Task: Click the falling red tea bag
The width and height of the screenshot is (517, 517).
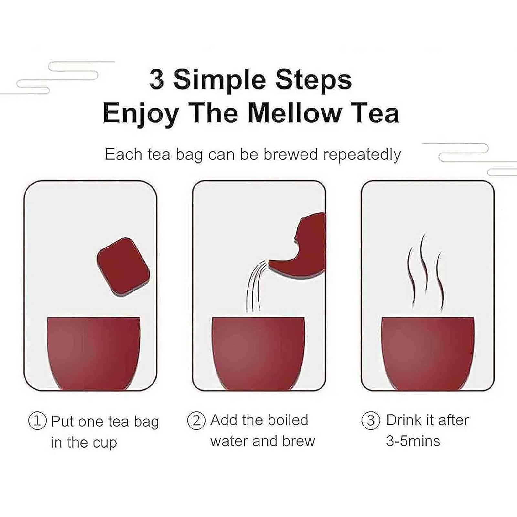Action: [123, 267]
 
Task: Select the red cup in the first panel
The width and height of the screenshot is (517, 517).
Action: [94, 353]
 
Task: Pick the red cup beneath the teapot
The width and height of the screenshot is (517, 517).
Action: [258, 353]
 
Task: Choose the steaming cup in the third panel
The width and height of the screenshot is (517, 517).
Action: [428, 353]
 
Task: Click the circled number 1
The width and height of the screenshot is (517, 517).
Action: [37, 421]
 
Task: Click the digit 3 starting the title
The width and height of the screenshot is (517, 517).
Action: [157, 79]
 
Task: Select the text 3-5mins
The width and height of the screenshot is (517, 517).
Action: [413, 441]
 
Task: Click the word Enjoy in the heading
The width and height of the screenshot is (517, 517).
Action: [141, 114]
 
